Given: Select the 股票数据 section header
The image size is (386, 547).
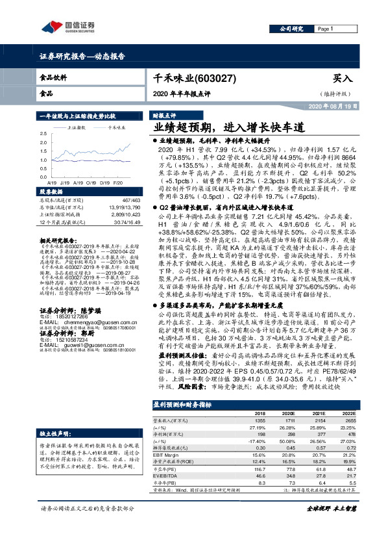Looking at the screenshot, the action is point(52,193).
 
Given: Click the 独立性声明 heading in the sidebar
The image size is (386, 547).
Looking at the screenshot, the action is point(54,432).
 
